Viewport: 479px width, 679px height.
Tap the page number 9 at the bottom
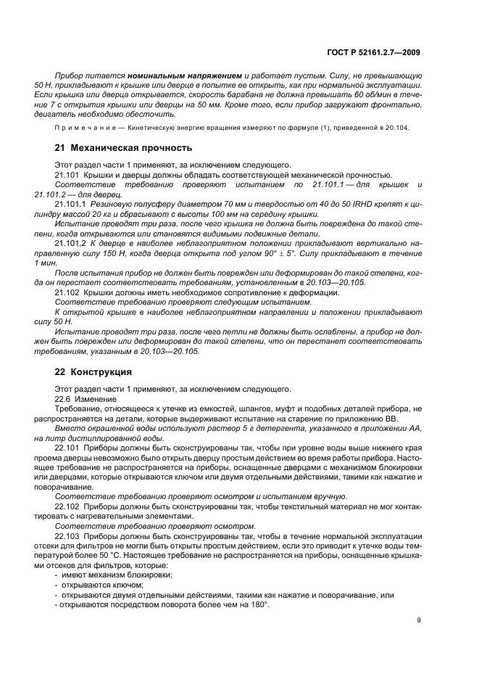[420, 621]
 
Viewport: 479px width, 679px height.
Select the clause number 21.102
[67, 292]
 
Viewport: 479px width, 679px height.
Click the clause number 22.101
[67, 450]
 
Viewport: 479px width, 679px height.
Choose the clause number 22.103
[67, 534]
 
